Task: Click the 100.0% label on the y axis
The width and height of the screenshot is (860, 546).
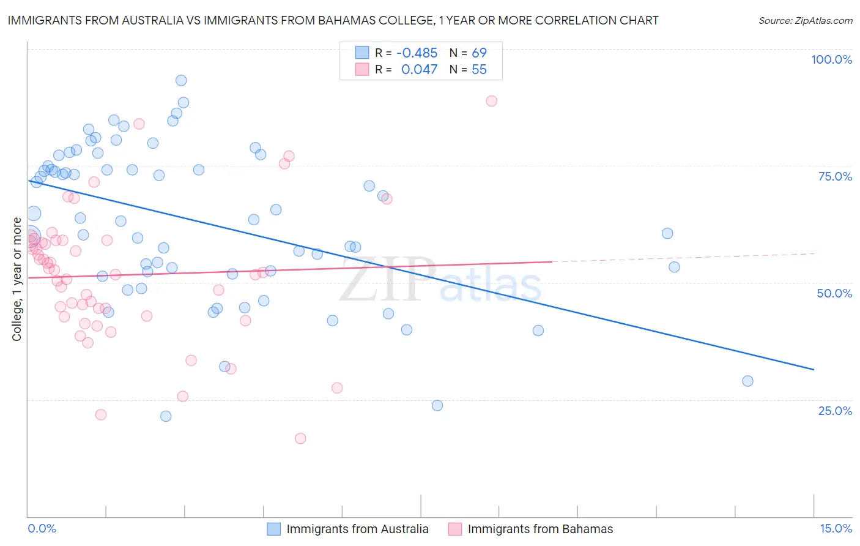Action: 831,59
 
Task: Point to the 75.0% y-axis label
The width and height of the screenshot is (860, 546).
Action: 835,176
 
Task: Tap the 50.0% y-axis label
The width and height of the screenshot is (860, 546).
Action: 834,293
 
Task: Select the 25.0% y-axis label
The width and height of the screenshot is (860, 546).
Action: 835,410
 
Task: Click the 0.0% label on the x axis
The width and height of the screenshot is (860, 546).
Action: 42,528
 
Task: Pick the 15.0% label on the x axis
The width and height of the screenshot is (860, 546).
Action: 836,528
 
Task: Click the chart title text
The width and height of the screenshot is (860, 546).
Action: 333,20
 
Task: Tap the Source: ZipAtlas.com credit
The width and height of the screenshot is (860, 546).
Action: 805,20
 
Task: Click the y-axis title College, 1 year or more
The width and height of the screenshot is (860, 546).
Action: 17,279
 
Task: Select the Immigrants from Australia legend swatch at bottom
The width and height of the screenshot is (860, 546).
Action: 274,529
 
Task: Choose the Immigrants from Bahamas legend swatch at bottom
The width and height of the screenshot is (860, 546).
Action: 455,529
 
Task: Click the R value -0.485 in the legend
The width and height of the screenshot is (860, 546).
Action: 417,53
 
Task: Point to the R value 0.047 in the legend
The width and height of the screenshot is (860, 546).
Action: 419,69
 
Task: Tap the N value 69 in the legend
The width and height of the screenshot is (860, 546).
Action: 479,53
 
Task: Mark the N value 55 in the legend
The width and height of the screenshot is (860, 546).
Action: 479,69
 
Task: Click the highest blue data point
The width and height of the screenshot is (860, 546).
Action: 181,80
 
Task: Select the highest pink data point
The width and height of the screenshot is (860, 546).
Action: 492,101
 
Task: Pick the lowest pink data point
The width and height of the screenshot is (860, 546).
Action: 300,438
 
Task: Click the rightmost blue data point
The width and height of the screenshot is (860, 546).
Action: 747,381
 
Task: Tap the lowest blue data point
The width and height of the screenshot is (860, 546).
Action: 166,416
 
